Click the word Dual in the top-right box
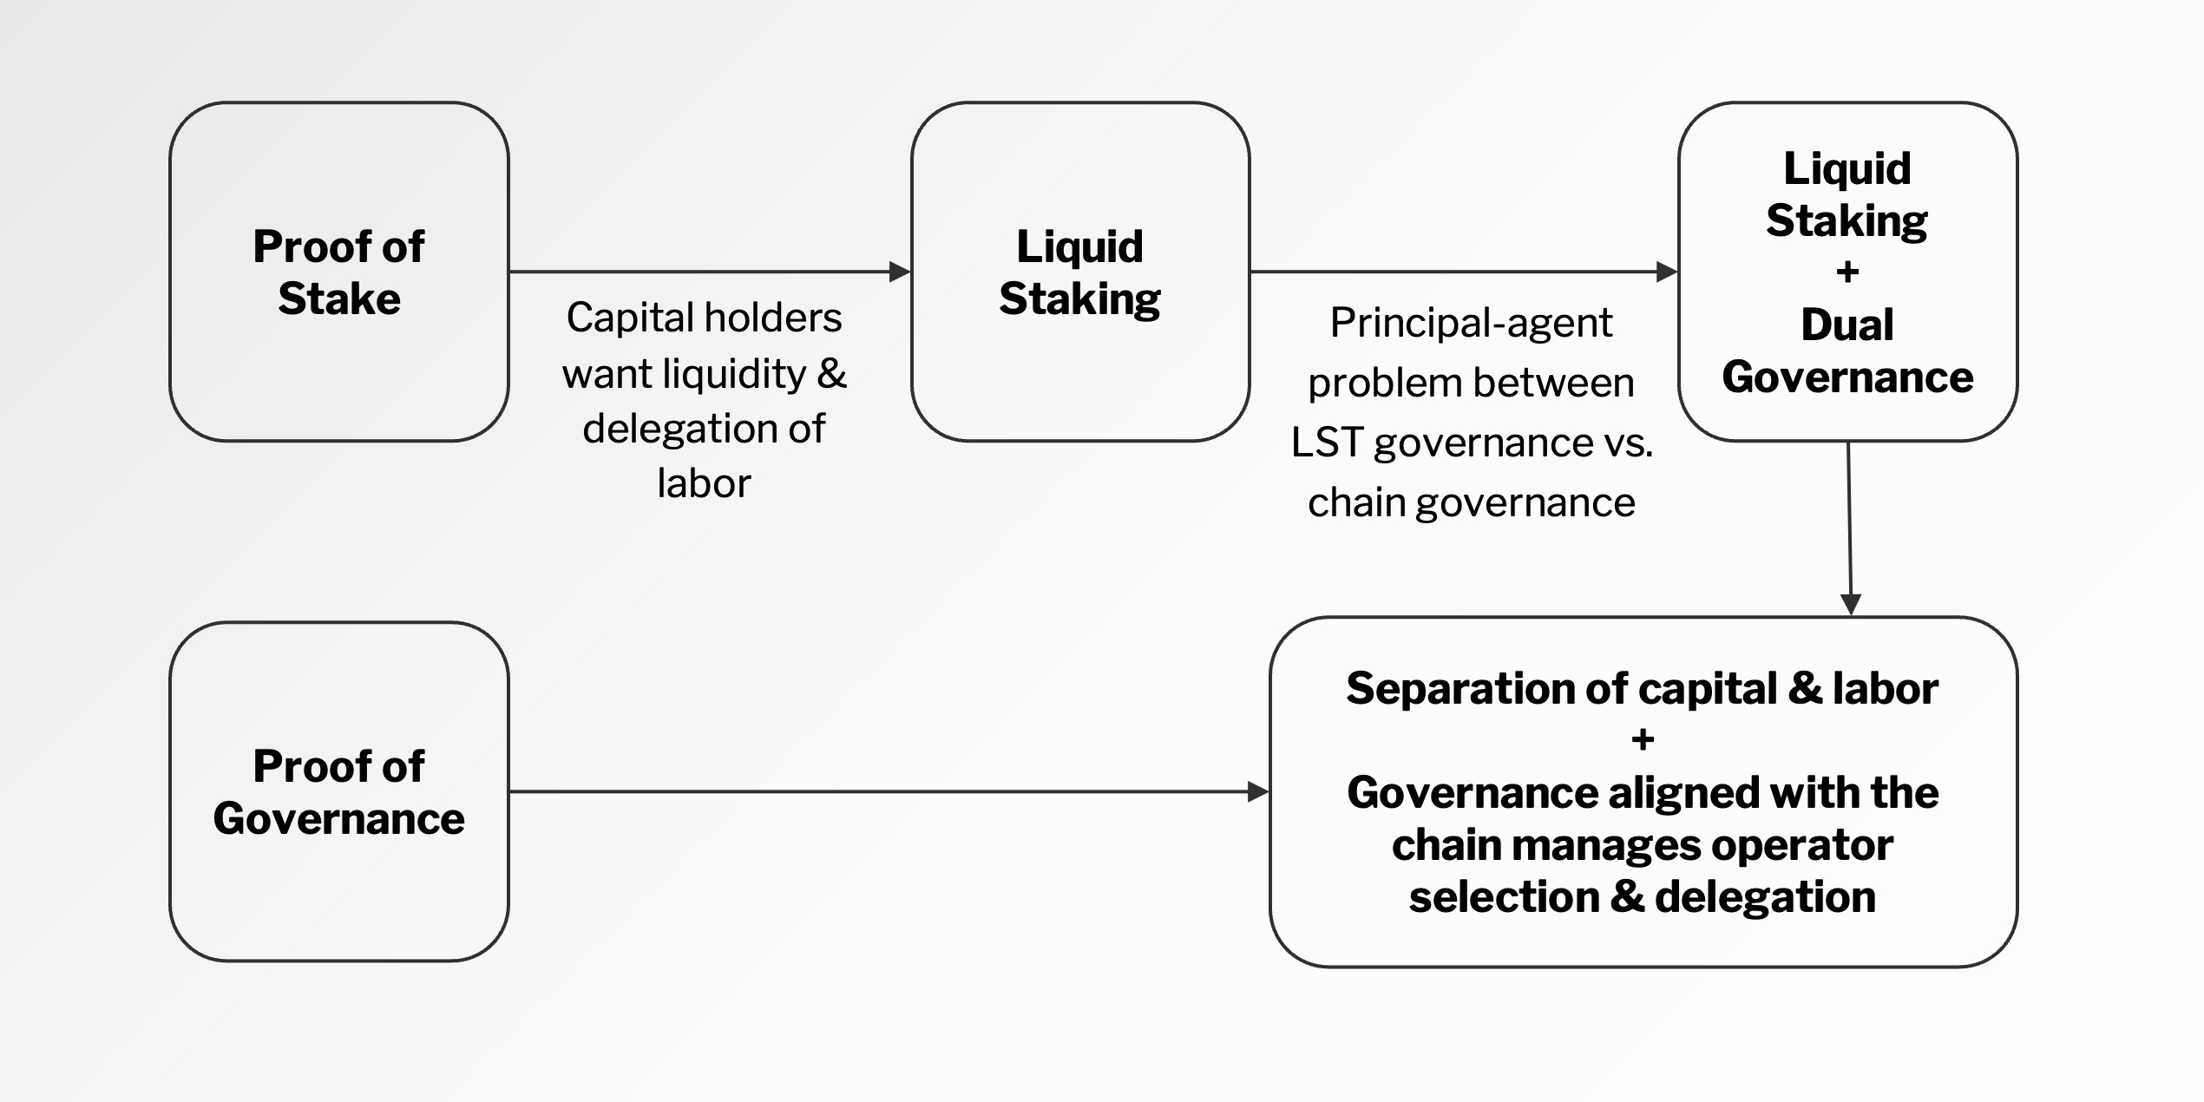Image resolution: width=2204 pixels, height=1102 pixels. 1847,325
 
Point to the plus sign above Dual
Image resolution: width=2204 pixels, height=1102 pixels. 1847,272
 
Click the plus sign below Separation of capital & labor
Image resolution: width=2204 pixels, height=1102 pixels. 1643,740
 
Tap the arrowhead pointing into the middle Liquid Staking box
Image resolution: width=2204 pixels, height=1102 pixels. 900,272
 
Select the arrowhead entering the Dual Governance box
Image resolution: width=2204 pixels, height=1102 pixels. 1667,272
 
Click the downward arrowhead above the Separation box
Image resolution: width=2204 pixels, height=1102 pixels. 1851,605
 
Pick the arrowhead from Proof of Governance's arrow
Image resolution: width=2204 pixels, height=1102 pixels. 1258,791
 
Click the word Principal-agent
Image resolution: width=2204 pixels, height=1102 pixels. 1472,324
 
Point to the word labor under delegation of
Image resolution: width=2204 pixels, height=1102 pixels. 704,483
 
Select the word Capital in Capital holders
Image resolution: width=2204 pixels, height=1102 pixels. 627,318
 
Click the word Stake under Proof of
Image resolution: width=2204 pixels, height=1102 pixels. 339,299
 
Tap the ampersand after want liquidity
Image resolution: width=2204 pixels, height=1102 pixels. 832,374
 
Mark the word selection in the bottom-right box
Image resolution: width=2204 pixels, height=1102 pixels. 1504,897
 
